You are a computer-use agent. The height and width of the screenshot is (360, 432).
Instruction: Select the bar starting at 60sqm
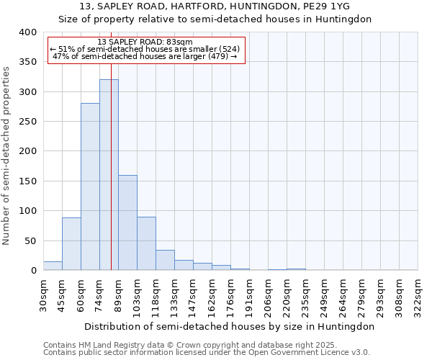coord(90,187)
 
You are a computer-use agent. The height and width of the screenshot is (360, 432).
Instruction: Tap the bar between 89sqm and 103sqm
coord(127,222)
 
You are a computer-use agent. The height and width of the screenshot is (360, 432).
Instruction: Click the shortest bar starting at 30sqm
coord(53,266)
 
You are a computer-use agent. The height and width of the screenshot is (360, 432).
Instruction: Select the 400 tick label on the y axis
coord(28,32)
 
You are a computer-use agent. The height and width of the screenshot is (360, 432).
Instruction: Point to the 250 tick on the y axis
coord(28,122)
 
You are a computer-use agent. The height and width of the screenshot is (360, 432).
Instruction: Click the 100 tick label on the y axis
coord(28,211)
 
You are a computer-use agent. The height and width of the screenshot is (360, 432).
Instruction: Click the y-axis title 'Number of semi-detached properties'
coord(6,156)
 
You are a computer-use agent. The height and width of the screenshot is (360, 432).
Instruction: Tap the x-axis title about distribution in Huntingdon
coord(230,326)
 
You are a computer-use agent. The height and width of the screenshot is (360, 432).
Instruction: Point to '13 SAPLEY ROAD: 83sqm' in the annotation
coord(144,42)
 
